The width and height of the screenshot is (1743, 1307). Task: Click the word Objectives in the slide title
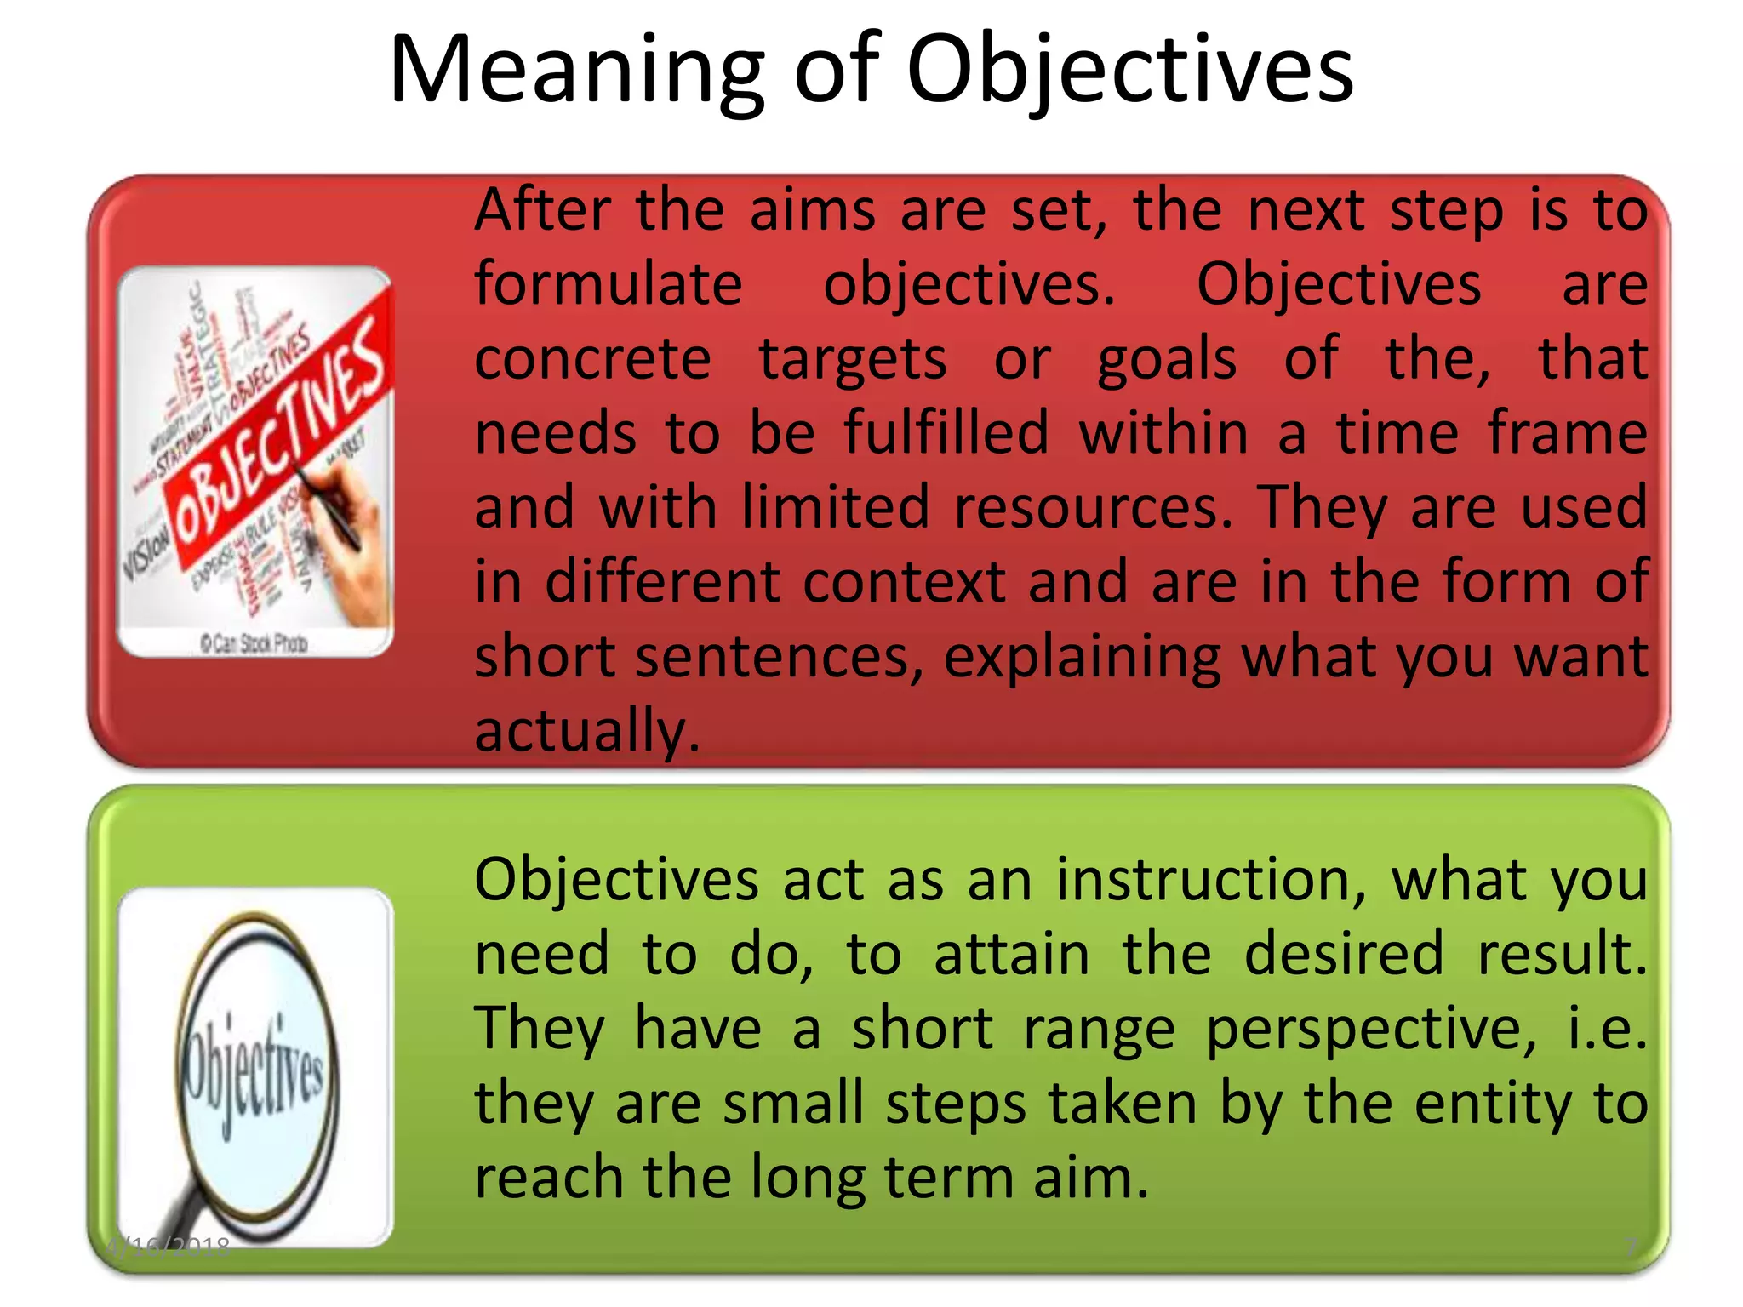click(x=1129, y=72)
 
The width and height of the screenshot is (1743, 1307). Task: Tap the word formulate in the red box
click(x=608, y=284)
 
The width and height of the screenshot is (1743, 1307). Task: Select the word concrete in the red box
click(x=592, y=359)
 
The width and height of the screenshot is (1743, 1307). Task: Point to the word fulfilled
click(x=946, y=433)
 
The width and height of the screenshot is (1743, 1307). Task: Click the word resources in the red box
click(x=1093, y=508)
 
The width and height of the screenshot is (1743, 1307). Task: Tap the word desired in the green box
click(x=1344, y=955)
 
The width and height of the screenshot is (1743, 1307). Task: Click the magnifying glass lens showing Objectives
click(x=255, y=1068)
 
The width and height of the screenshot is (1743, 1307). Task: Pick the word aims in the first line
click(x=812, y=210)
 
